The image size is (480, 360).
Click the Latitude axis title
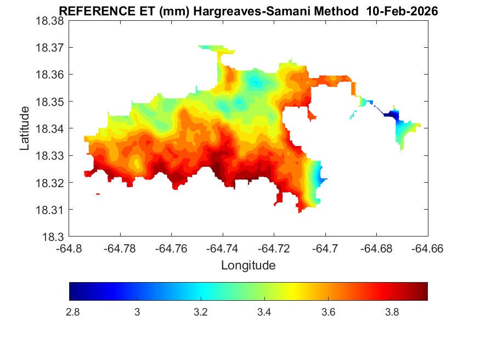click(25, 128)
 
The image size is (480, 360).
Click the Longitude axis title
click(248, 266)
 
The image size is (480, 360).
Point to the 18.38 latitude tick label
click(50, 21)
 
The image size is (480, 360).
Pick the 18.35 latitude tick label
click(50, 102)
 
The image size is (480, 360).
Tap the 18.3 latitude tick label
click(54, 237)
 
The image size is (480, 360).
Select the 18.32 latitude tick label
click(50, 183)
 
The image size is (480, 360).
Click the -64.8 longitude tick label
click(70, 248)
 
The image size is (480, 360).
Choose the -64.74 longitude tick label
click(223, 248)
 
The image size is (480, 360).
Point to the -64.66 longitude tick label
click(427, 248)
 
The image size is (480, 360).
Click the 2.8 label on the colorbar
click(72, 312)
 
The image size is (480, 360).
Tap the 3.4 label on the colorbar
click(264, 312)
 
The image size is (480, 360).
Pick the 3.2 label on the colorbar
click(200, 312)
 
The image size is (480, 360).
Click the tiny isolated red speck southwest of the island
click(98, 194)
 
